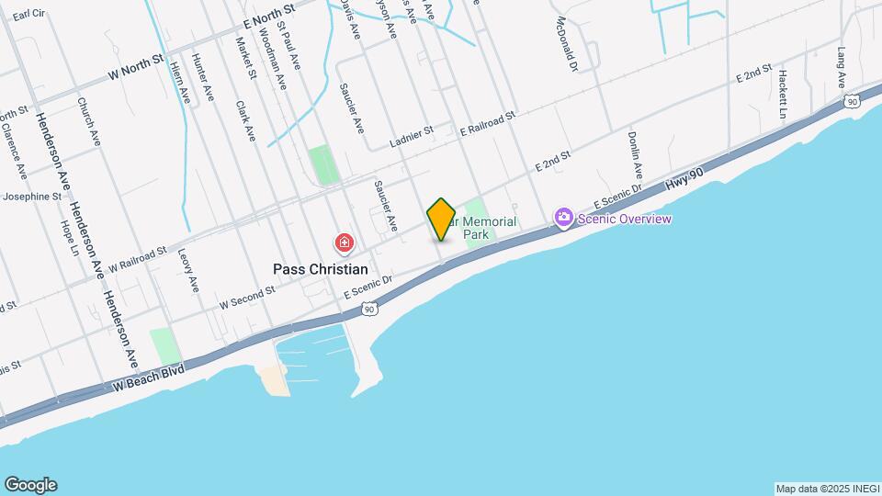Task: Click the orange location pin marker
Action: pyautogui.click(x=441, y=219)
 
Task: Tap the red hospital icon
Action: pyautogui.click(x=344, y=243)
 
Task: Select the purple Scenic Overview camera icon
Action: pyautogui.click(x=563, y=218)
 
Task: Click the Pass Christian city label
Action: pyautogui.click(x=321, y=269)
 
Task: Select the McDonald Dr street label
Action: pyautogui.click(x=566, y=45)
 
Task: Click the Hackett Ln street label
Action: pyautogui.click(x=782, y=95)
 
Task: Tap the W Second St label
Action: pyautogui.click(x=246, y=298)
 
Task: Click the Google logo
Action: pyautogui.click(x=30, y=485)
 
